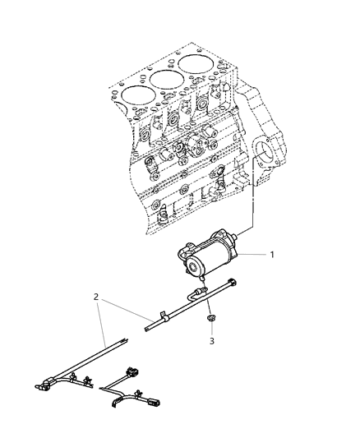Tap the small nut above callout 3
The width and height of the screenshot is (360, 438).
(210, 319)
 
